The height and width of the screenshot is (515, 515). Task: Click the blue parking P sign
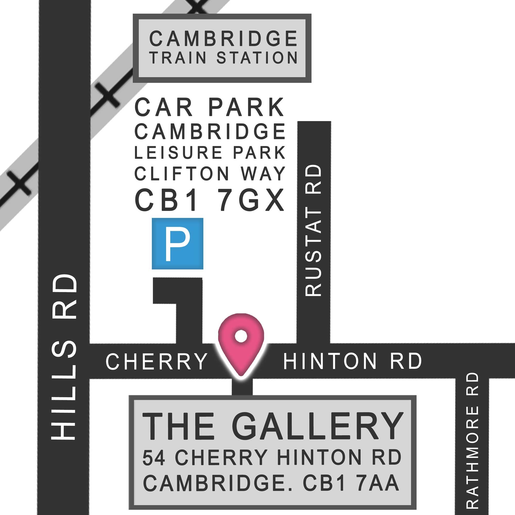pyautogui.click(x=177, y=243)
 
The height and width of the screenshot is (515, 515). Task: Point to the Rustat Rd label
pyautogui.click(x=313, y=231)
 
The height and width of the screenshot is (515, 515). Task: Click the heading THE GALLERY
pyautogui.click(x=272, y=427)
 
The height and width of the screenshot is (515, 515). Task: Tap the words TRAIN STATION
pyautogui.click(x=223, y=58)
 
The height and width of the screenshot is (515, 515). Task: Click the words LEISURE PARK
pyautogui.click(x=210, y=153)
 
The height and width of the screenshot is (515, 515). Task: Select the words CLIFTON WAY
pyautogui.click(x=210, y=174)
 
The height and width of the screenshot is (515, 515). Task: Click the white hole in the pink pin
pyautogui.click(x=241, y=336)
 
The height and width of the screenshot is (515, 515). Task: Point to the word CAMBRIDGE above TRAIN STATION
pyautogui.click(x=223, y=39)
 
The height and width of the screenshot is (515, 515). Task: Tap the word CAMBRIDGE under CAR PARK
pyautogui.click(x=210, y=131)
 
